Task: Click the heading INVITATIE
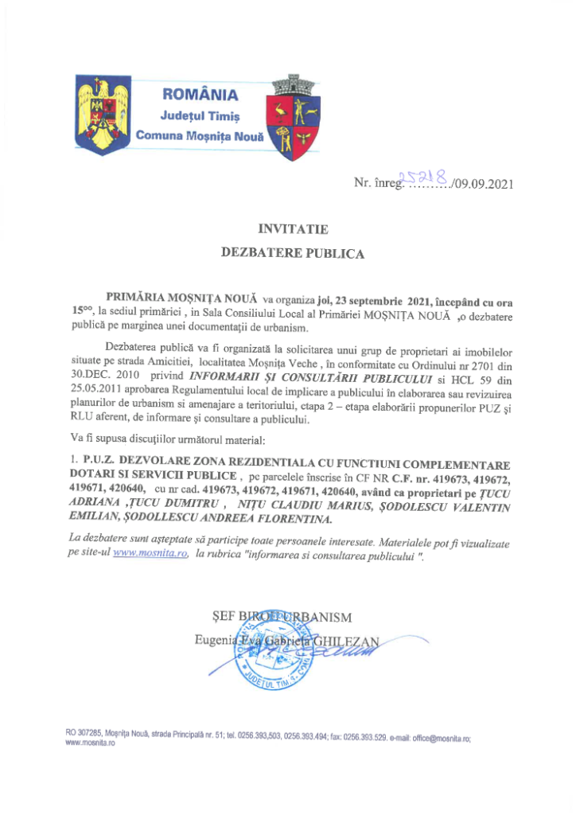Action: pos(292,229)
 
